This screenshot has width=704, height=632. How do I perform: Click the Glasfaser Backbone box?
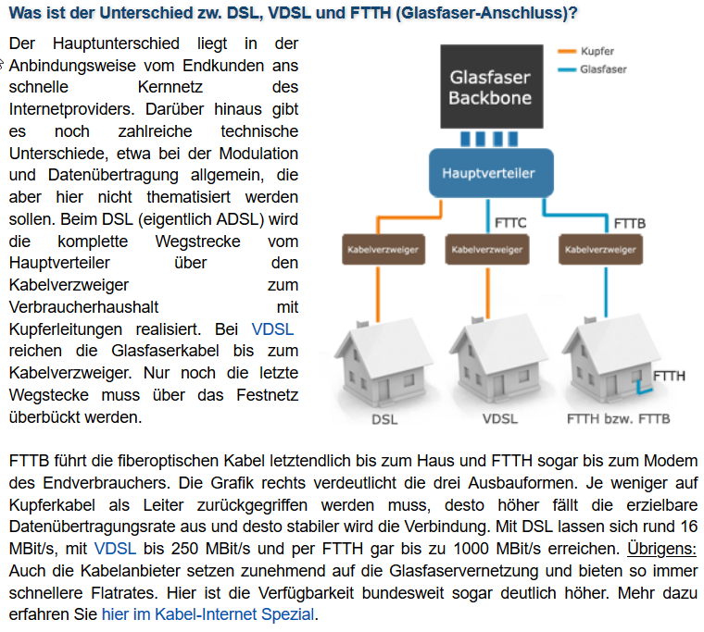point(492,87)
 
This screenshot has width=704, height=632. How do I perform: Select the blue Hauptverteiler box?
point(491,173)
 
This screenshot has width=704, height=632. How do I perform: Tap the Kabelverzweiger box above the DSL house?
point(383,250)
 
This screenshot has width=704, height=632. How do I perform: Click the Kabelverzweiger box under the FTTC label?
point(487,250)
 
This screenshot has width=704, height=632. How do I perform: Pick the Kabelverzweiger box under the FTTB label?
point(601,250)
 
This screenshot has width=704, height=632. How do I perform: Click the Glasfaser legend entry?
point(592,69)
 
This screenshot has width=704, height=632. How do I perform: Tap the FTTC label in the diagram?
point(510,223)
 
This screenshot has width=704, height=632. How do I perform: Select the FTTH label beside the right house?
point(669,376)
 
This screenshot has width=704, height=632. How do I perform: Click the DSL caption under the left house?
point(384,419)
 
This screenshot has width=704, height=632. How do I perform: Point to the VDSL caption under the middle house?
point(500,419)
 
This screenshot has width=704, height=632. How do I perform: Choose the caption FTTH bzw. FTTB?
point(618,419)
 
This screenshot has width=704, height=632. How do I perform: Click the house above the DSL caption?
point(383,362)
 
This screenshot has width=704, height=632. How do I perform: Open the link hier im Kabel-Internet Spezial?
point(207,614)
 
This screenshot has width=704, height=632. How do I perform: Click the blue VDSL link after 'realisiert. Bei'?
point(272,329)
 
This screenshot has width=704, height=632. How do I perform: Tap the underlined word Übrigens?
point(661,549)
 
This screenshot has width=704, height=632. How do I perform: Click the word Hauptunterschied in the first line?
point(116,43)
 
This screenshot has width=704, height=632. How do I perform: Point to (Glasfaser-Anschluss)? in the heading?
point(486,13)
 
